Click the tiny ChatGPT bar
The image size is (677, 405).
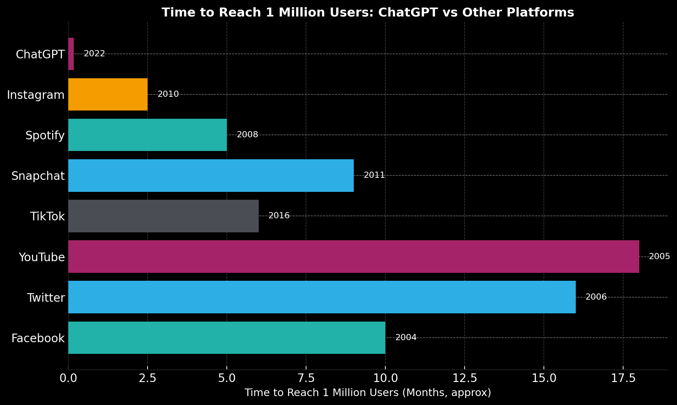click(x=71, y=54)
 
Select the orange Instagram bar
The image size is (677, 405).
click(x=108, y=94)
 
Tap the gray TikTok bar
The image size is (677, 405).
click(x=163, y=216)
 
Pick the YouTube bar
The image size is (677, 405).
click(x=353, y=256)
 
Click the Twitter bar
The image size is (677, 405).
click(x=322, y=297)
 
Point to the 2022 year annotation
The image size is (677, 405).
click(x=94, y=54)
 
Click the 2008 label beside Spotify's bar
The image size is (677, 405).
click(x=247, y=135)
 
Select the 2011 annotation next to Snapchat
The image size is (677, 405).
click(x=374, y=175)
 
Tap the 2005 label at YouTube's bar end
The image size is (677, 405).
click(x=660, y=256)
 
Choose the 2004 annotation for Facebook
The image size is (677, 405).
click(x=406, y=337)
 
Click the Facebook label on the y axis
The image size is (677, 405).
click(x=38, y=338)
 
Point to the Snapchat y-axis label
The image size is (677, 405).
click(x=38, y=176)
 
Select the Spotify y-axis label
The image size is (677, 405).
click(x=45, y=135)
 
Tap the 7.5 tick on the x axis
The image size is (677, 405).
click(x=306, y=378)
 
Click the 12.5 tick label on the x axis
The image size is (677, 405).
click(x=465, y=378)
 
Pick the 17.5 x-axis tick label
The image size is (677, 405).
click(x=623, y=378)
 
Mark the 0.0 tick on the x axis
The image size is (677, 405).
click(x=68, y=378)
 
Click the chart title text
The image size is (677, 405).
click(x=368, y=12)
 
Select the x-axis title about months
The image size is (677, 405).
click(x=368, y=393)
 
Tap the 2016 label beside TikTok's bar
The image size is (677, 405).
click(x=279, y=216)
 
